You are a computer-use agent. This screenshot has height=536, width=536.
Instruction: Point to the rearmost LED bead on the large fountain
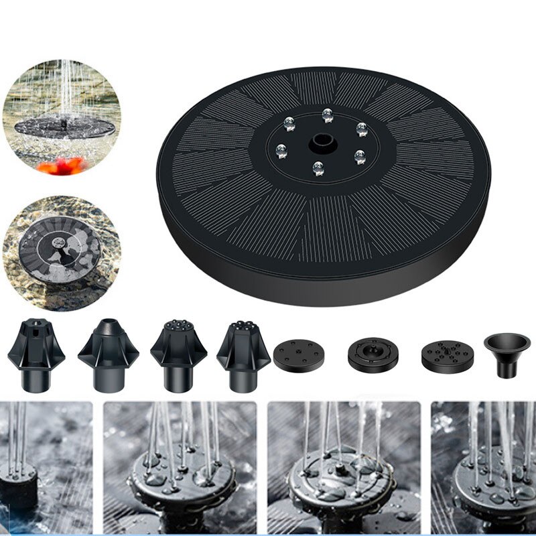coord(327,115)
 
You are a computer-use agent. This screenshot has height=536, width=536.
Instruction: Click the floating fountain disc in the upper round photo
coord(64,125)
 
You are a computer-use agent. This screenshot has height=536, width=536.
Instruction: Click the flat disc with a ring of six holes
coord(299,354)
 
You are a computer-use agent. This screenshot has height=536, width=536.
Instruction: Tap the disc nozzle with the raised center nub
coord(373,354)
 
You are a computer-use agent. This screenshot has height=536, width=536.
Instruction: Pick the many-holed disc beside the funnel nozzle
coord(447,356)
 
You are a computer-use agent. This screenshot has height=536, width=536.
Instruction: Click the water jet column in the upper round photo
coord(66,87)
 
